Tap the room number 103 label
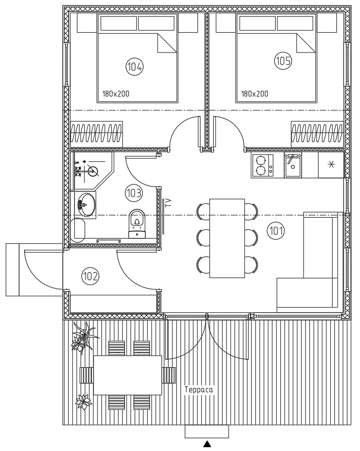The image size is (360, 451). coord(134,193)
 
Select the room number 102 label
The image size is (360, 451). coord(90,276)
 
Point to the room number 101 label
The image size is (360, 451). coord(276,230)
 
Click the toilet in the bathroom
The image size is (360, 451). coord(137,224)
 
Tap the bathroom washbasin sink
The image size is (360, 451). coord(86,204)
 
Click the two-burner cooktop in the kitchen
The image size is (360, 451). coord(262,165)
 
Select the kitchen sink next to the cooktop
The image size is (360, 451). coord(293,165)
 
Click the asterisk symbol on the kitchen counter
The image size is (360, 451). coord(332,165)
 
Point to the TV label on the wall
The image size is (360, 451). coord(169,203)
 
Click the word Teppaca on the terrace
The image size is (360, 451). coord(199,390)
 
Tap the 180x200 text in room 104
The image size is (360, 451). coord(116,94)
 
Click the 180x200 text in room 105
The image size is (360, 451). coord(254,94)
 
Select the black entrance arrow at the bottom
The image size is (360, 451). coord(207,444)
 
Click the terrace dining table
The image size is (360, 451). coord(127,375)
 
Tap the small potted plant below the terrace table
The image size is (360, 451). coord(84,401)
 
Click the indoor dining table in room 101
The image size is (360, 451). coord(227,238)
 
